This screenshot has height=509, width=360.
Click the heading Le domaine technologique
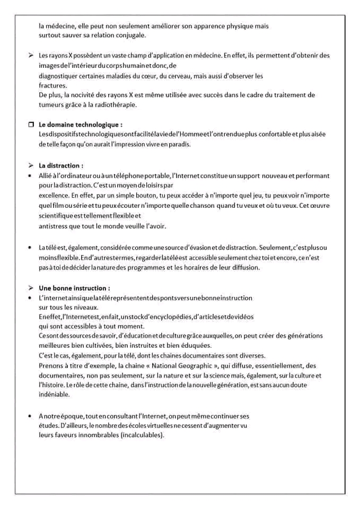pyautogui.click(x=81, y=125)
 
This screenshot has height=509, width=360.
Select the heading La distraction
pyautogui.click(x=61, y=165)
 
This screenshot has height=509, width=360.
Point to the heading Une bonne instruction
pyautogui.click(x=75, y=288)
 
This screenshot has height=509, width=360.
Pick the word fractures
pyautogui.click(x=53, y=85)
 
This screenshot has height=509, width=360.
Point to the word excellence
pyautogui.click(x=55, y=196)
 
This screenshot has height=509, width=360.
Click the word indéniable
pyautogui.click(x=55, y=395)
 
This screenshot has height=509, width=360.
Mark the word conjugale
pyautogui.click(x=130, y=36)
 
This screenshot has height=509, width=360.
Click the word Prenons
pyautogui.click(x=52, y=365)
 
